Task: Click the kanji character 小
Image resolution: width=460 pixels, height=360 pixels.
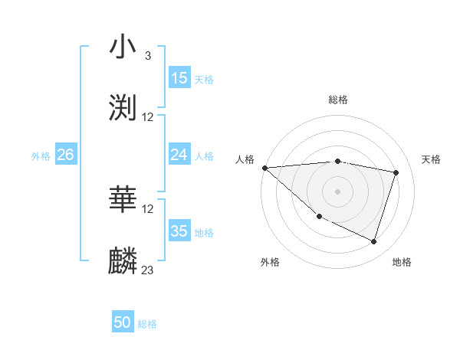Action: click(x=123, y=47)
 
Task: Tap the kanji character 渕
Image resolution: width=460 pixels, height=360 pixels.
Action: click(x=123, y=108)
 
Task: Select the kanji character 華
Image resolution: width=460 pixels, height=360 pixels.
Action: click(x=123, y=200)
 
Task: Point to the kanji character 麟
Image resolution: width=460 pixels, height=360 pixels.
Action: click(x=123, y=260)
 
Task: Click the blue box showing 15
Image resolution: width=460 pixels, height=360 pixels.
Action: click(x=179, y=78)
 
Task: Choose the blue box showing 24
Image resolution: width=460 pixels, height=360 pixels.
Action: click(x=179, y=155)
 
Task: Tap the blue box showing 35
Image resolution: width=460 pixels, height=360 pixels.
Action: click(x=179, y=231)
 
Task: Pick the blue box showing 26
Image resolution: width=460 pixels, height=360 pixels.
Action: click(x=65, y=155)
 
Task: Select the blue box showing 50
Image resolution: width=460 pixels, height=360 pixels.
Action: click(x=123, y=322)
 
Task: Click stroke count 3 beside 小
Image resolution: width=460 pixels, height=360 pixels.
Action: click(x=148, y=56)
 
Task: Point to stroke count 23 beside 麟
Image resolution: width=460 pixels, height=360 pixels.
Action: click(x=148, y=270)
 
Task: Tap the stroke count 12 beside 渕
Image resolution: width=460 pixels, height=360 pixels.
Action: click(x=148, y=117)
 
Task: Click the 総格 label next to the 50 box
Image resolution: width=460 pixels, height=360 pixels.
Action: click(x=147, y=324)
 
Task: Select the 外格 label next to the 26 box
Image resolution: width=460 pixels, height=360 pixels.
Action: click(x=41, y=155)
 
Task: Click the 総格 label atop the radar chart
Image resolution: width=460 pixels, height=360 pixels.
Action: click(x=338, y=100)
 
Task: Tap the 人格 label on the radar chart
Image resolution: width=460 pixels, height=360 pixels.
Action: click(x=245, y=159)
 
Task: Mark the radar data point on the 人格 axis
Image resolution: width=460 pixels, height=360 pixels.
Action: click(x=264, y=168)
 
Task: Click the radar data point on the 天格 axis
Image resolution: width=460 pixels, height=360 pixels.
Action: click(x=396, y=172)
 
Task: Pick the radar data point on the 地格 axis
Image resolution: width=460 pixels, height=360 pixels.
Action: click(x=373, y=241)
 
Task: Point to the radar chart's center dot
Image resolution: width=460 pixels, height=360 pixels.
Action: click(x=338, y=191)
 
